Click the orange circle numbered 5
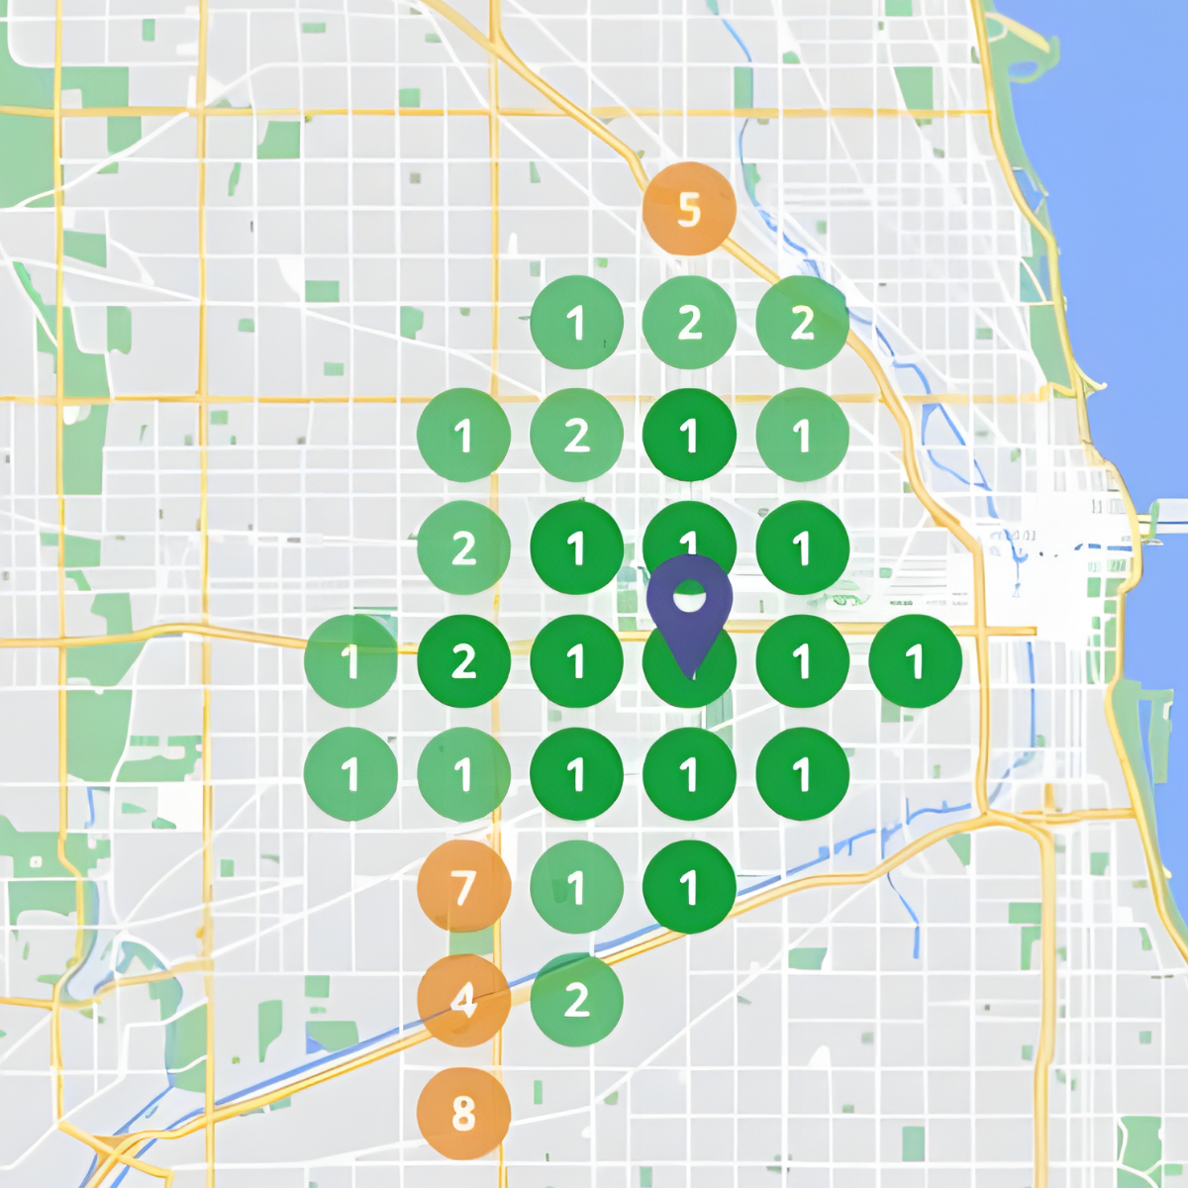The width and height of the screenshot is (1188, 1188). (689, 209)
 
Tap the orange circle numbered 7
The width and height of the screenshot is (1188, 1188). (463, 887)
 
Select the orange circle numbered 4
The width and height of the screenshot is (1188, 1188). (463, 1000)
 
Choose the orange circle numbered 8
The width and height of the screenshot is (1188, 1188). (463, 1113)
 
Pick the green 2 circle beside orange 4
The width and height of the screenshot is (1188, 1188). (576, 1000)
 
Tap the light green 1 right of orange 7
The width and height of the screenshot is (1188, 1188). (576, 887)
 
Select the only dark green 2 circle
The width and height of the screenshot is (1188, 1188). (463, 661)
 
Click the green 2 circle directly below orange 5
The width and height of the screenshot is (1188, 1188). (689, 323)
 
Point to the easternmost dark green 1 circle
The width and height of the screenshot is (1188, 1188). (915, 661)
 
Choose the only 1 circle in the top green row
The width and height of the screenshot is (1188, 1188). (576, 323)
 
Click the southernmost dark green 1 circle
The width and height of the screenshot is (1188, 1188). (689, 887)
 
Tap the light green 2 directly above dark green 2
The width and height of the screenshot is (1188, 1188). (463, 548)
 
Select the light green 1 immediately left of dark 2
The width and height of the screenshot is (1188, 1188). (350, 661)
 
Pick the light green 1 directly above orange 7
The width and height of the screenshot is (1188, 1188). (463, 774)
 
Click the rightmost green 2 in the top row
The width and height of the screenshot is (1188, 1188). (802, 323)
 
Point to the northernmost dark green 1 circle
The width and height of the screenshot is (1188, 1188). (689, 436)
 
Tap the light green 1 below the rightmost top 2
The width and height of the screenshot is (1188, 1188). (802, 436)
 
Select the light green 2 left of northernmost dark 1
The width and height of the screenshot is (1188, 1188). (576, 436)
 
